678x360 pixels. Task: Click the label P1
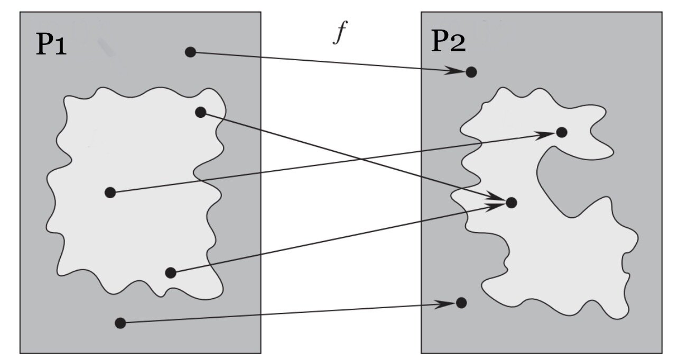pos(51,45)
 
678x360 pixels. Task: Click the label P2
pos(449,42)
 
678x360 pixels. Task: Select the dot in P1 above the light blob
pos(191,52)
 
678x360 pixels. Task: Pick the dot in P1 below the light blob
pos(120,322)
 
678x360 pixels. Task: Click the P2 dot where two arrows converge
pos(511,202)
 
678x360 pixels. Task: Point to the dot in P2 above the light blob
pos(471,72)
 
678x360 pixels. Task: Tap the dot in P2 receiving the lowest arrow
pos(461,302)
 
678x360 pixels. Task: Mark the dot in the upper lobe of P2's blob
pos(562,132)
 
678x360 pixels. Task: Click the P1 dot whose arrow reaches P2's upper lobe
pos(110,192)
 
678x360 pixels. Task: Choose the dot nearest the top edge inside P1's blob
pos(200,112)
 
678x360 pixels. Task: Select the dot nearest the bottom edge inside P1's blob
pos(170,273)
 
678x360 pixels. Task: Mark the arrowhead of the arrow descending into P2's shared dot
pos(497,198)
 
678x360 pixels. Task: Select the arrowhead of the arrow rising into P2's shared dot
pos(496,206)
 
